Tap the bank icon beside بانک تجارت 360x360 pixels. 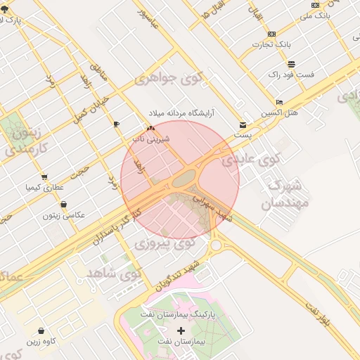coord(271,34)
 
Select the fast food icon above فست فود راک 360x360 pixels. coord(291,63)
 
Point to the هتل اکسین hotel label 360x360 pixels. coord(280,112)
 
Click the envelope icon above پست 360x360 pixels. coord(243,124)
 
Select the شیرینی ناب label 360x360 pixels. coord(152,139)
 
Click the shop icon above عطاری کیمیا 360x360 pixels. coord(45,176)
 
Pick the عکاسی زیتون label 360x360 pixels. coord(64,215)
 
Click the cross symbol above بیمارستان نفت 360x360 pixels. coord(181,330)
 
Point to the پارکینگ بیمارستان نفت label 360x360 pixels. coord(177,316)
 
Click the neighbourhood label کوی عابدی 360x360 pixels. coord(251,160)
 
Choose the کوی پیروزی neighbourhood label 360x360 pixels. coord(164,245)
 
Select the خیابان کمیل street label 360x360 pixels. coord(92,104)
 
